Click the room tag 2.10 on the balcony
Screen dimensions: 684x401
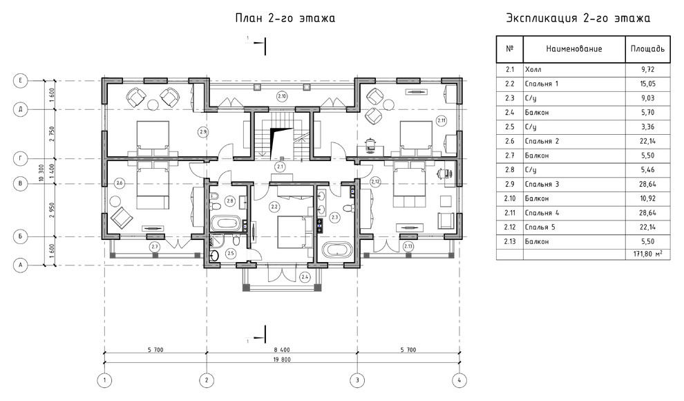tap(282, 96)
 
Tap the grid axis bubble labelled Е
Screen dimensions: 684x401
tap(21, 80)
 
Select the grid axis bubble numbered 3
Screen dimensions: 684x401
tap(357, 380)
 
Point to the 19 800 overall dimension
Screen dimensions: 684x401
tap(282, 360)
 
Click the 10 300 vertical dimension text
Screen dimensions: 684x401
tap(41, 173)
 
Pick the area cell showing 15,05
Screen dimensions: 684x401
tap(648, 84)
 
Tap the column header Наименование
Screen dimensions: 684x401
tap(574, 49)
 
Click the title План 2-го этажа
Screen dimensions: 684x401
tap(285, 19)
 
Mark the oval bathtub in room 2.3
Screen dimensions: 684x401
tap(336, 251)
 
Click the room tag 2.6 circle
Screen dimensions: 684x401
tap(120, 184)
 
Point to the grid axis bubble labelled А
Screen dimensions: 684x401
tap(21, 265)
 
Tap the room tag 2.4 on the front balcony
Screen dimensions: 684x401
tap(305, 277)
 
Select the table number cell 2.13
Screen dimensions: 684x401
tap(510, 241)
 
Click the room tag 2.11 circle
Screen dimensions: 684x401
tap(441, 120)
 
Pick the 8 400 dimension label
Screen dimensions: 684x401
tap(282, 350)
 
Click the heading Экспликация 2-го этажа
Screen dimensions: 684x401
tap(578, 19)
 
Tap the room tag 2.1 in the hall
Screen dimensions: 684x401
tap(280, 166)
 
